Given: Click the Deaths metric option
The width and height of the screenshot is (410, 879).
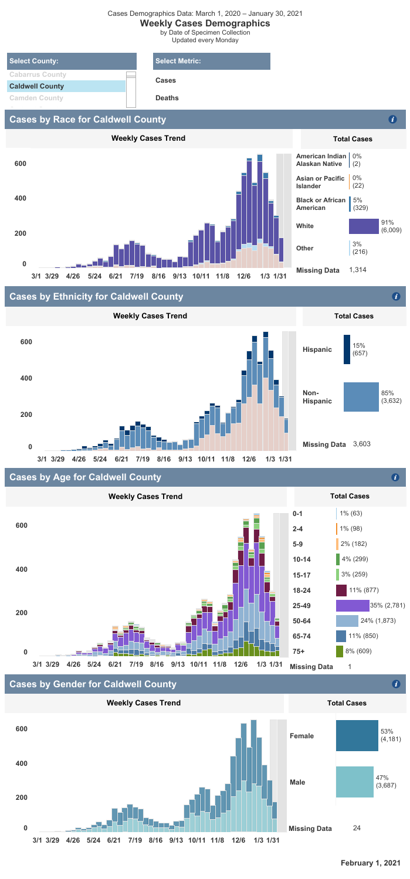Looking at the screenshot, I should [x=167, y=99].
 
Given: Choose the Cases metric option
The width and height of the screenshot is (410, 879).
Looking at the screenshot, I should [x=165, y=80].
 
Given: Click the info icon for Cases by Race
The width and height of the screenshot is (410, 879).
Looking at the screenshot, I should [x=393, y=120].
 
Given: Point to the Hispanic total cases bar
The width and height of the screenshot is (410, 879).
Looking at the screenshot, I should [x=347, y=349].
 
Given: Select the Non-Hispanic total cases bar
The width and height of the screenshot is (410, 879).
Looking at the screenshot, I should [x=361, y=396].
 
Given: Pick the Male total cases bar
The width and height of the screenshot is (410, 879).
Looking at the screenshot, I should [x=354, y=782].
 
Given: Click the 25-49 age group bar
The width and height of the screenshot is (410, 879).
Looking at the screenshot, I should [x=353, y=605].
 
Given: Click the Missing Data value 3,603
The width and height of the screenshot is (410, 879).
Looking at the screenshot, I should [x=363, y=445].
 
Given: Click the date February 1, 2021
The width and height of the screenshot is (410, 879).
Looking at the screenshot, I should [x=370, y=863].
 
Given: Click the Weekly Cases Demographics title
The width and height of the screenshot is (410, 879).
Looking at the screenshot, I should [x=205, y=23].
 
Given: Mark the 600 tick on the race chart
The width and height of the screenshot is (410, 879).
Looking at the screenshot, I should [x=21, y=163].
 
